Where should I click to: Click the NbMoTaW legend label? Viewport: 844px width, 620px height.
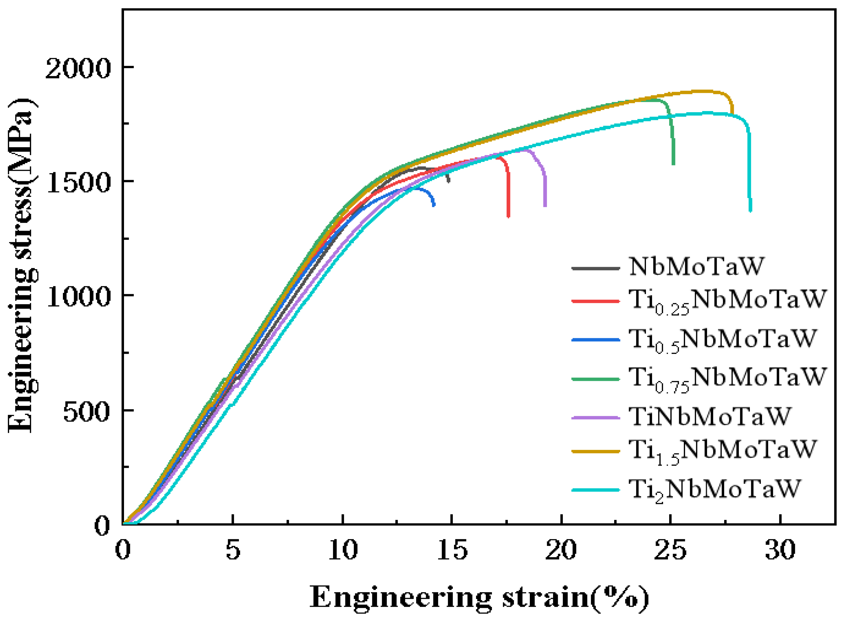(696, 267)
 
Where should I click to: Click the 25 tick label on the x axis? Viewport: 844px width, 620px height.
(670, 550)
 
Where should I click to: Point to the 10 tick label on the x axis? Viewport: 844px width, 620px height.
(343, 550)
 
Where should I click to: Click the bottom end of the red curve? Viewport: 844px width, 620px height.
(508, 217)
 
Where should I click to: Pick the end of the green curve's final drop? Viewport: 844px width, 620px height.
(673, 164)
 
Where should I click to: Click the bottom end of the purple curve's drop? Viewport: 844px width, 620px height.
(545, 206)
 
